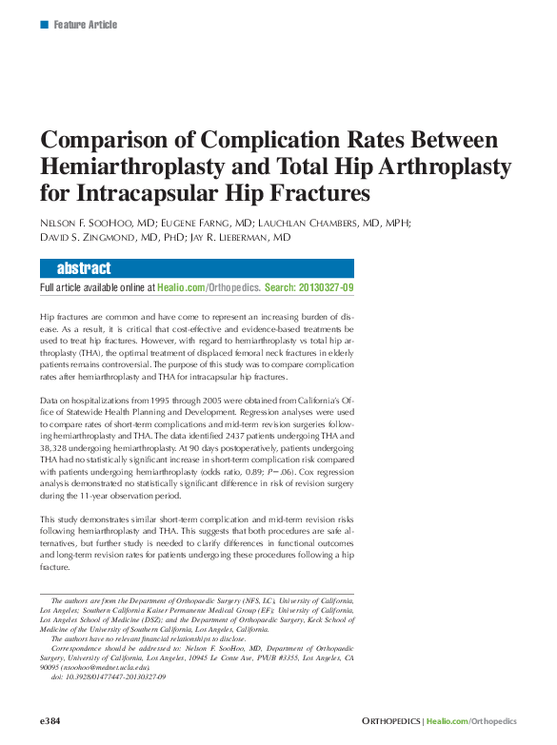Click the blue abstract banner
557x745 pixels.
[x=196, y=268]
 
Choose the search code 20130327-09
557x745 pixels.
[x=326, y=286]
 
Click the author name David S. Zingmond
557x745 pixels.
[x=87, y=237]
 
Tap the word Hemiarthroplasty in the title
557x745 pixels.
[x=142, y=167]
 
